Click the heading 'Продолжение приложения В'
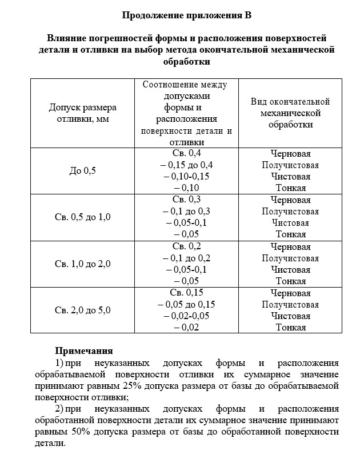click(x=186, y=15)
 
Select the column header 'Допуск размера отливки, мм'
click(x=83, y=113)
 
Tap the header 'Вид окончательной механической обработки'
click(x=290, y=113)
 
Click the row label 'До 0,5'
click(x=83, y=170)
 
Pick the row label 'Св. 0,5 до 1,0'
click(x=83, y=217)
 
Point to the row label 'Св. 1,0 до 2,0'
click(x=83, y=264)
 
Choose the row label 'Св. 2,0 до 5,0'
click(x=83, y=310)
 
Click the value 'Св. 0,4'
click(x=186, y=153)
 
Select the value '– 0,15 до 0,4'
click(x=186, y=165)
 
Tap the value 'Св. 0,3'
click(x=186, y=200)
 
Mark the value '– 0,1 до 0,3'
click(x=186, y=211)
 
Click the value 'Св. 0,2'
click(x=186, y=246)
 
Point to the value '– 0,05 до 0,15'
click(x=186, y=304)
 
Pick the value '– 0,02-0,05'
click(x=186, y=316)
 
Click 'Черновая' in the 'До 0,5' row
click(x=290, y=153)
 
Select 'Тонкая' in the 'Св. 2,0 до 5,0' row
click(x=290, y=328)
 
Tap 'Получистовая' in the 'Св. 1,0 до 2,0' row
click(x=290, y=258)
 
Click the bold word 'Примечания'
click(x=83, y=351)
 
